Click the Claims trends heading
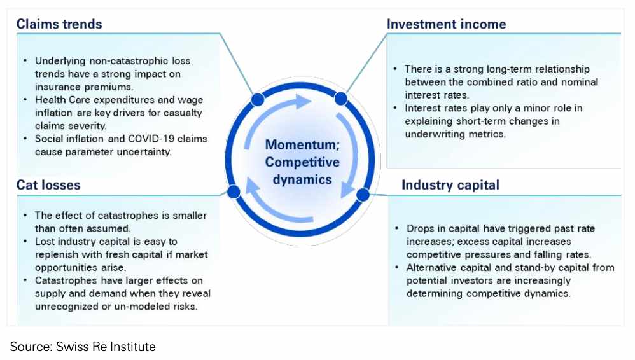(59, 25)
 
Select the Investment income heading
(446, 25)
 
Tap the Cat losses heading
(48, 185)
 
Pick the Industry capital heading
(450, 185)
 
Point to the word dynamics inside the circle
(302, 179)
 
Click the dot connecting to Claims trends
(258, 99)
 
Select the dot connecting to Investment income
(340, 98)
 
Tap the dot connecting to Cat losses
(234, 191)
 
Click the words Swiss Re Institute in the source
(105, 347)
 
